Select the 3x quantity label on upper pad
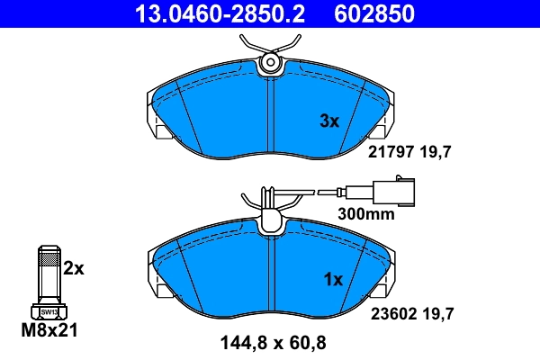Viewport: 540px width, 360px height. [x=330, y=121]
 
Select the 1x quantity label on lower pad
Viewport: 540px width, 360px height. [x=332, y=280]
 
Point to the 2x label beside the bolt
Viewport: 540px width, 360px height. [x=74, y=268]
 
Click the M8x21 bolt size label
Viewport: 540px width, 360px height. [x=50, y=331]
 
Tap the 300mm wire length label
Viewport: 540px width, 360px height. [x=366, y=215]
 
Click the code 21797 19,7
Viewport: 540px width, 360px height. [x=410, y=153]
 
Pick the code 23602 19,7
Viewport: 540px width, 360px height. [x=410, y=313]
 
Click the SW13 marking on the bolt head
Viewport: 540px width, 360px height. [x=49, y=311]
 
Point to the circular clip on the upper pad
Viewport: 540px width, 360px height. [x=269, y=62]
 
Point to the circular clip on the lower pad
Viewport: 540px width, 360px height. [x=269, y=221]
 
